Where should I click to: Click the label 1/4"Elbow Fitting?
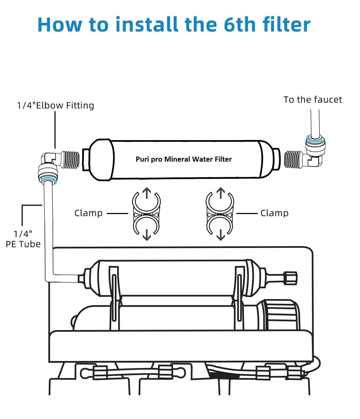point(56,105)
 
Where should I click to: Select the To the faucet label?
point(312,100)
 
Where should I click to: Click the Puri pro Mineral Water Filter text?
point(183,159)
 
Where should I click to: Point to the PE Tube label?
point(23,244)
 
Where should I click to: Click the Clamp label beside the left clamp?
point(88,213)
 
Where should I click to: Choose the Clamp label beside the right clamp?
point(274,213)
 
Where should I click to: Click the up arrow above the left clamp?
point(147,193)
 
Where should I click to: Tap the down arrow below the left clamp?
point(147,235)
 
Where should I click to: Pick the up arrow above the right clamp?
point(221,193)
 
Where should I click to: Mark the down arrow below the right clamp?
point(221,235)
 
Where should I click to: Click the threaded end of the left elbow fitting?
point(70,160)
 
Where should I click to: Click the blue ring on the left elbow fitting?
point(48,180)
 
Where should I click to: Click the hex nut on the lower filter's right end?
point(290,278)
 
